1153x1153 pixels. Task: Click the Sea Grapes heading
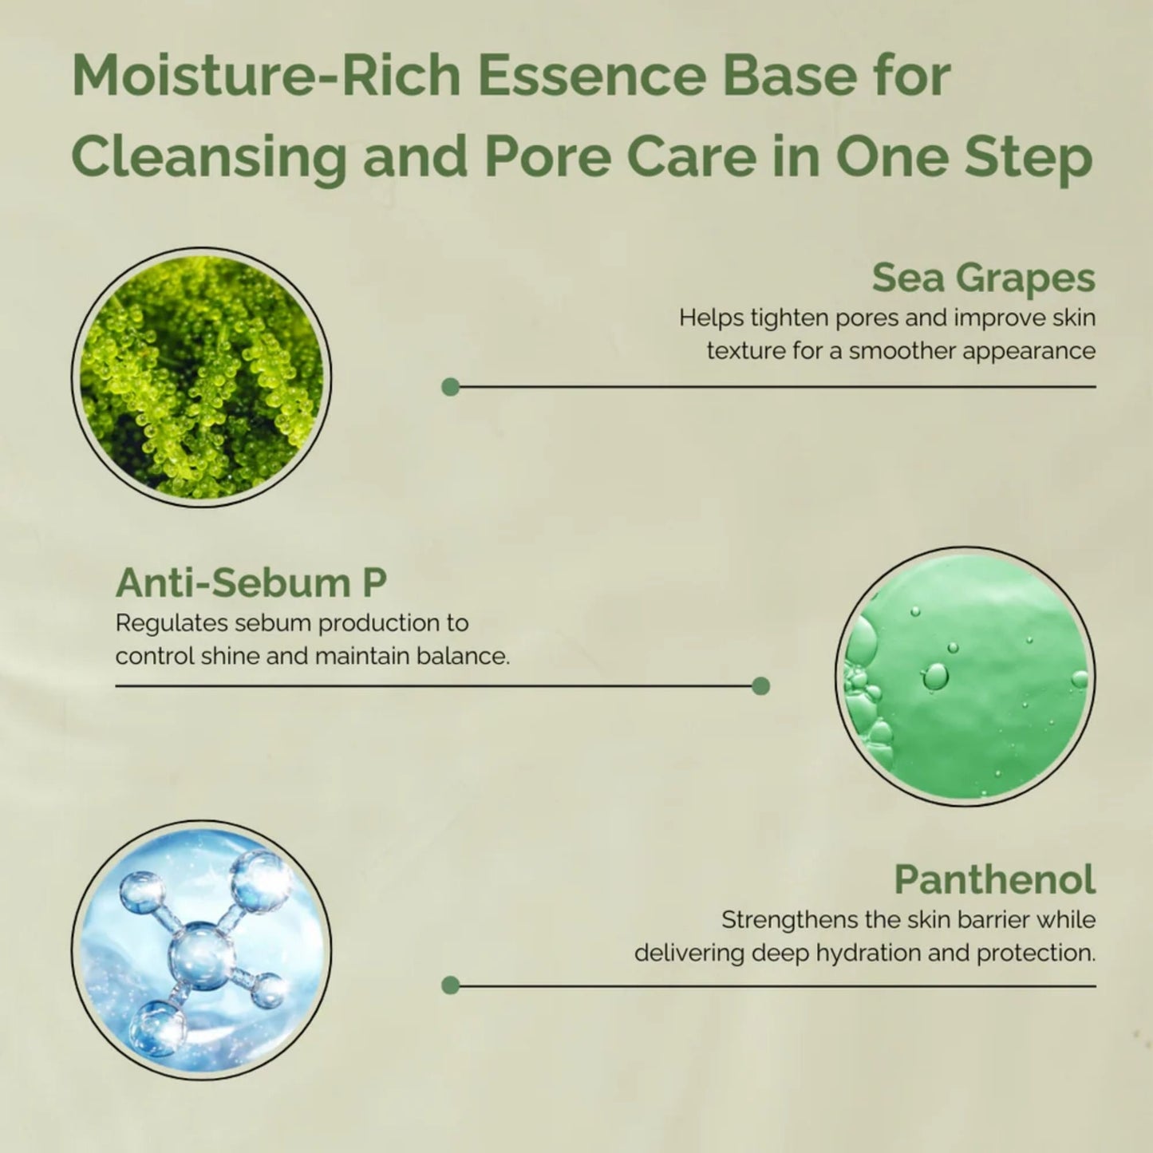click(983, 278)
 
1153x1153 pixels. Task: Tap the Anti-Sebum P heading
click(251, 582)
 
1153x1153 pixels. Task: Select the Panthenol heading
click(994, 879)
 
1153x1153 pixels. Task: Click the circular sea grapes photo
click(201, 377)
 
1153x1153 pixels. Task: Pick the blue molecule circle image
click(201, 950)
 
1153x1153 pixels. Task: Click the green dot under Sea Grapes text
click(450, 387)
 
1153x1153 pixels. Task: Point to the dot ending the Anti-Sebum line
click(760, 685)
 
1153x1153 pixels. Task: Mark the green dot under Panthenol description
click(450, 985)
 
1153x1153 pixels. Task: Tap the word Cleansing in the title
click(209, 156)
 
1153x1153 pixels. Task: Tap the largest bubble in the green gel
click(935, 677)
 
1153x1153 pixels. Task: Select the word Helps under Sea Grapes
click(706, 318)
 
